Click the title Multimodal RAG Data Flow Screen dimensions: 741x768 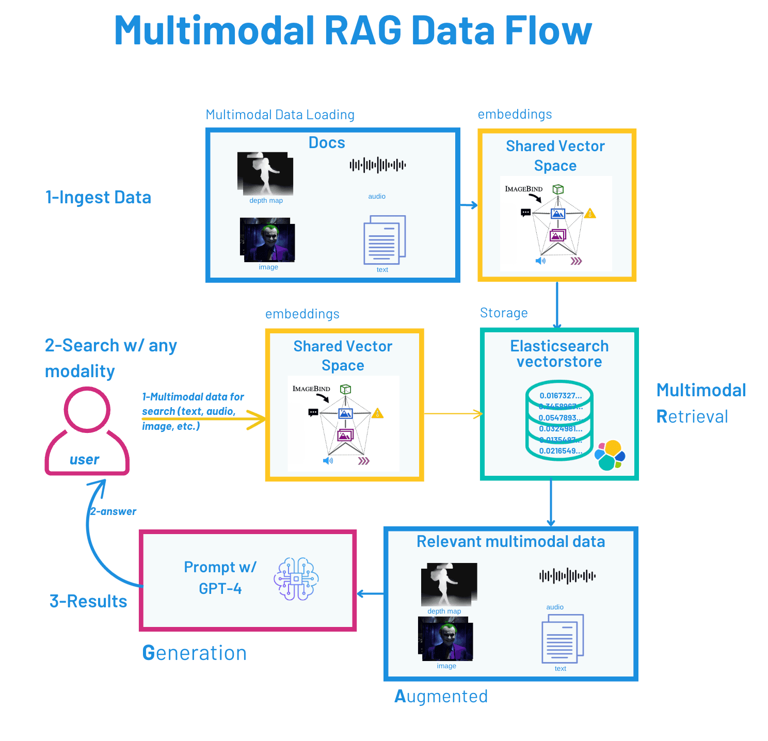[353, 31]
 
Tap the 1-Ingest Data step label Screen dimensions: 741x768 [98, 198]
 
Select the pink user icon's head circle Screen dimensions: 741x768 [87, 410]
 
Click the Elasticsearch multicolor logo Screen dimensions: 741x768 [610, 455]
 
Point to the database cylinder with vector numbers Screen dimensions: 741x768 [559, 421]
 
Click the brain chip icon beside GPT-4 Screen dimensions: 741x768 [296, 579]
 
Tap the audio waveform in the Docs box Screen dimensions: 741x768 [377, 165]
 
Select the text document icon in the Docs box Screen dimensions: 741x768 [384, 240]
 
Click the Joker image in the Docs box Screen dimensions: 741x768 [267, 240]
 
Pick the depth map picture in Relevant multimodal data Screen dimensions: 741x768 [449, 584]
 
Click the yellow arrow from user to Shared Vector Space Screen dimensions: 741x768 [206, 418]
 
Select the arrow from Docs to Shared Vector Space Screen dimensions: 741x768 [469, 205]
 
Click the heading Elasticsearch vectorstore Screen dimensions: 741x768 [559, 353]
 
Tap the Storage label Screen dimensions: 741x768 [504, 313]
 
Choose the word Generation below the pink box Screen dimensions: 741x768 [195, 653]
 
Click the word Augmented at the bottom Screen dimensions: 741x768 [441, 697]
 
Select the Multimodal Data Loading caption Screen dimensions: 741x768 [280, 115]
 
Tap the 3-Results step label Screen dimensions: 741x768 [88, 601]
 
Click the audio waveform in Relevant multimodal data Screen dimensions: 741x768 [567, 576]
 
